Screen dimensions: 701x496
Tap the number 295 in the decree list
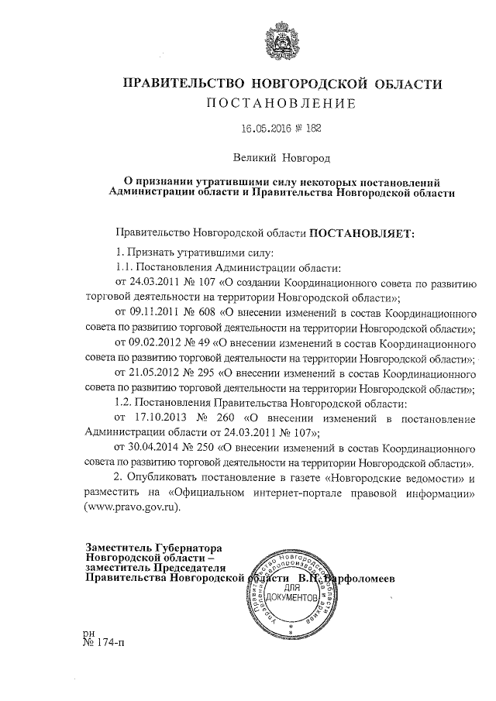[x=201, y=373]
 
